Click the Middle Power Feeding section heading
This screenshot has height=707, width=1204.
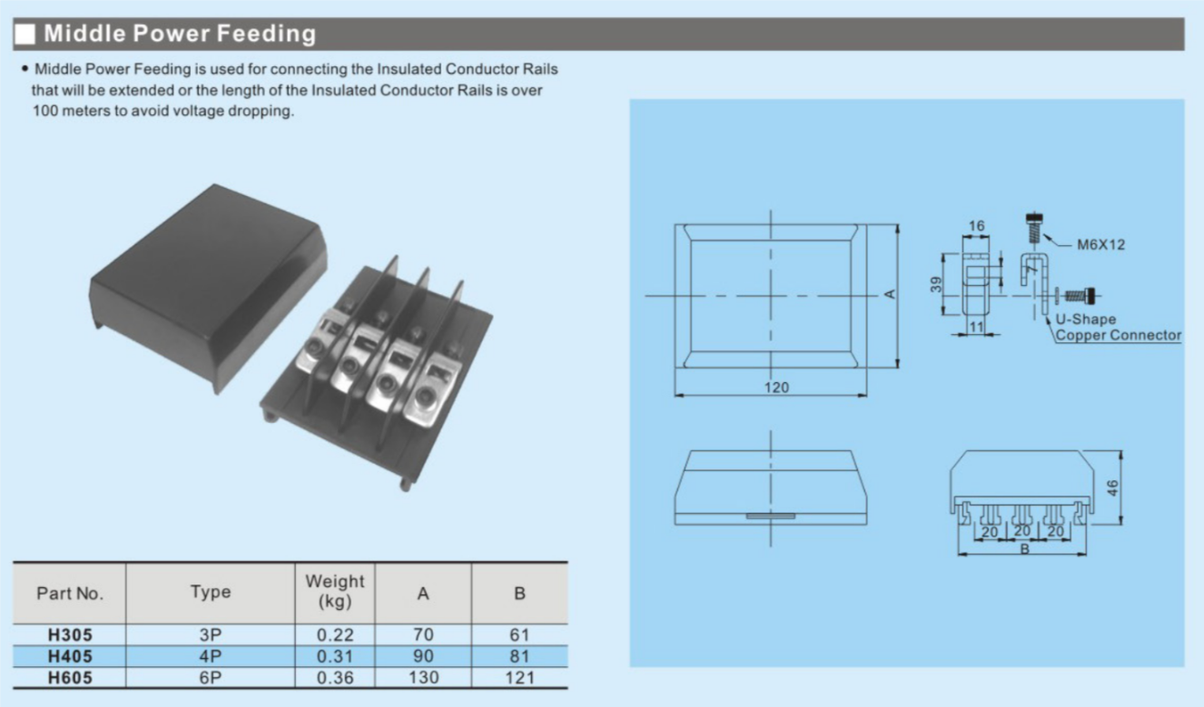tap(180, 34)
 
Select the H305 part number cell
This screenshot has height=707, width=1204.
tap(70, 635)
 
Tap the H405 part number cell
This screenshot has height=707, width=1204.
tap(70, 656)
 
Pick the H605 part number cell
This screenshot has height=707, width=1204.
tap(70, 677)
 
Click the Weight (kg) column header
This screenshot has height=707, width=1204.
tap(335, 591)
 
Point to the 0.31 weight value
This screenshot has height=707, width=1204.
tap(335, 656)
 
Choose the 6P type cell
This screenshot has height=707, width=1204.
tap(211, 677)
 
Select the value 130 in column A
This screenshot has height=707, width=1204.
tap(423, 677)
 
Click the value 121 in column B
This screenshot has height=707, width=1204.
tap(519, 677)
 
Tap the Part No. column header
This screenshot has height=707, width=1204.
tap(70, 594)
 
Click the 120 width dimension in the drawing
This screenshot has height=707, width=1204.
tap(776, 388)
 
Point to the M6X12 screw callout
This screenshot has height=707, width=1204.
tap(1100, 244)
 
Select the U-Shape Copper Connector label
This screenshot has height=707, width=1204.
tap(1118, 328)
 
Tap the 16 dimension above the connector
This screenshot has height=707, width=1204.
tap(976, 225)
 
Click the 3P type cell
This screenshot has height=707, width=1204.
tap(211, 635)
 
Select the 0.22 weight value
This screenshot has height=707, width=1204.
tap(335, 635)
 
